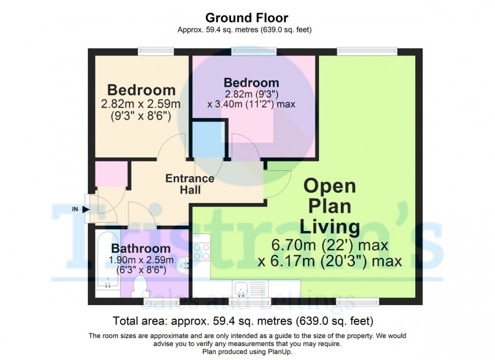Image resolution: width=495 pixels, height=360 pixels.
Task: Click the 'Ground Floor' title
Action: [247, 18]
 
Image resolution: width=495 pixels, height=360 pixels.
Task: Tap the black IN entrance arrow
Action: [85, 210]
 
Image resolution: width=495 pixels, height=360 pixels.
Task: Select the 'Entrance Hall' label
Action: [190, 184]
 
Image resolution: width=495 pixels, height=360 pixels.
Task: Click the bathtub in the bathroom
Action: [103, 262]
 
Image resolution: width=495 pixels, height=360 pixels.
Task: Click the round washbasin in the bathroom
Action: [184, 264]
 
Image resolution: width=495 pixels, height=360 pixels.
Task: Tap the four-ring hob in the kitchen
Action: [201, 252]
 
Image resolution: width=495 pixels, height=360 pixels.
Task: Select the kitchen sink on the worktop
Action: [241, 289]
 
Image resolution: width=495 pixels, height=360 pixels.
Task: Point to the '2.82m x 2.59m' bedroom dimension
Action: [141, 104]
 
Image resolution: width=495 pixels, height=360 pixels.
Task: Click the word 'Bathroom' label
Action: [141, 249]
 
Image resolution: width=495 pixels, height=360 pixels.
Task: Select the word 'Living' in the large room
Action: [330, 226]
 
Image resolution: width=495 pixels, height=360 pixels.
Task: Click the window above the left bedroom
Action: [155, 50]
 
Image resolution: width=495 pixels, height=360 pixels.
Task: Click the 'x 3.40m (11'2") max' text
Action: [251, 104]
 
